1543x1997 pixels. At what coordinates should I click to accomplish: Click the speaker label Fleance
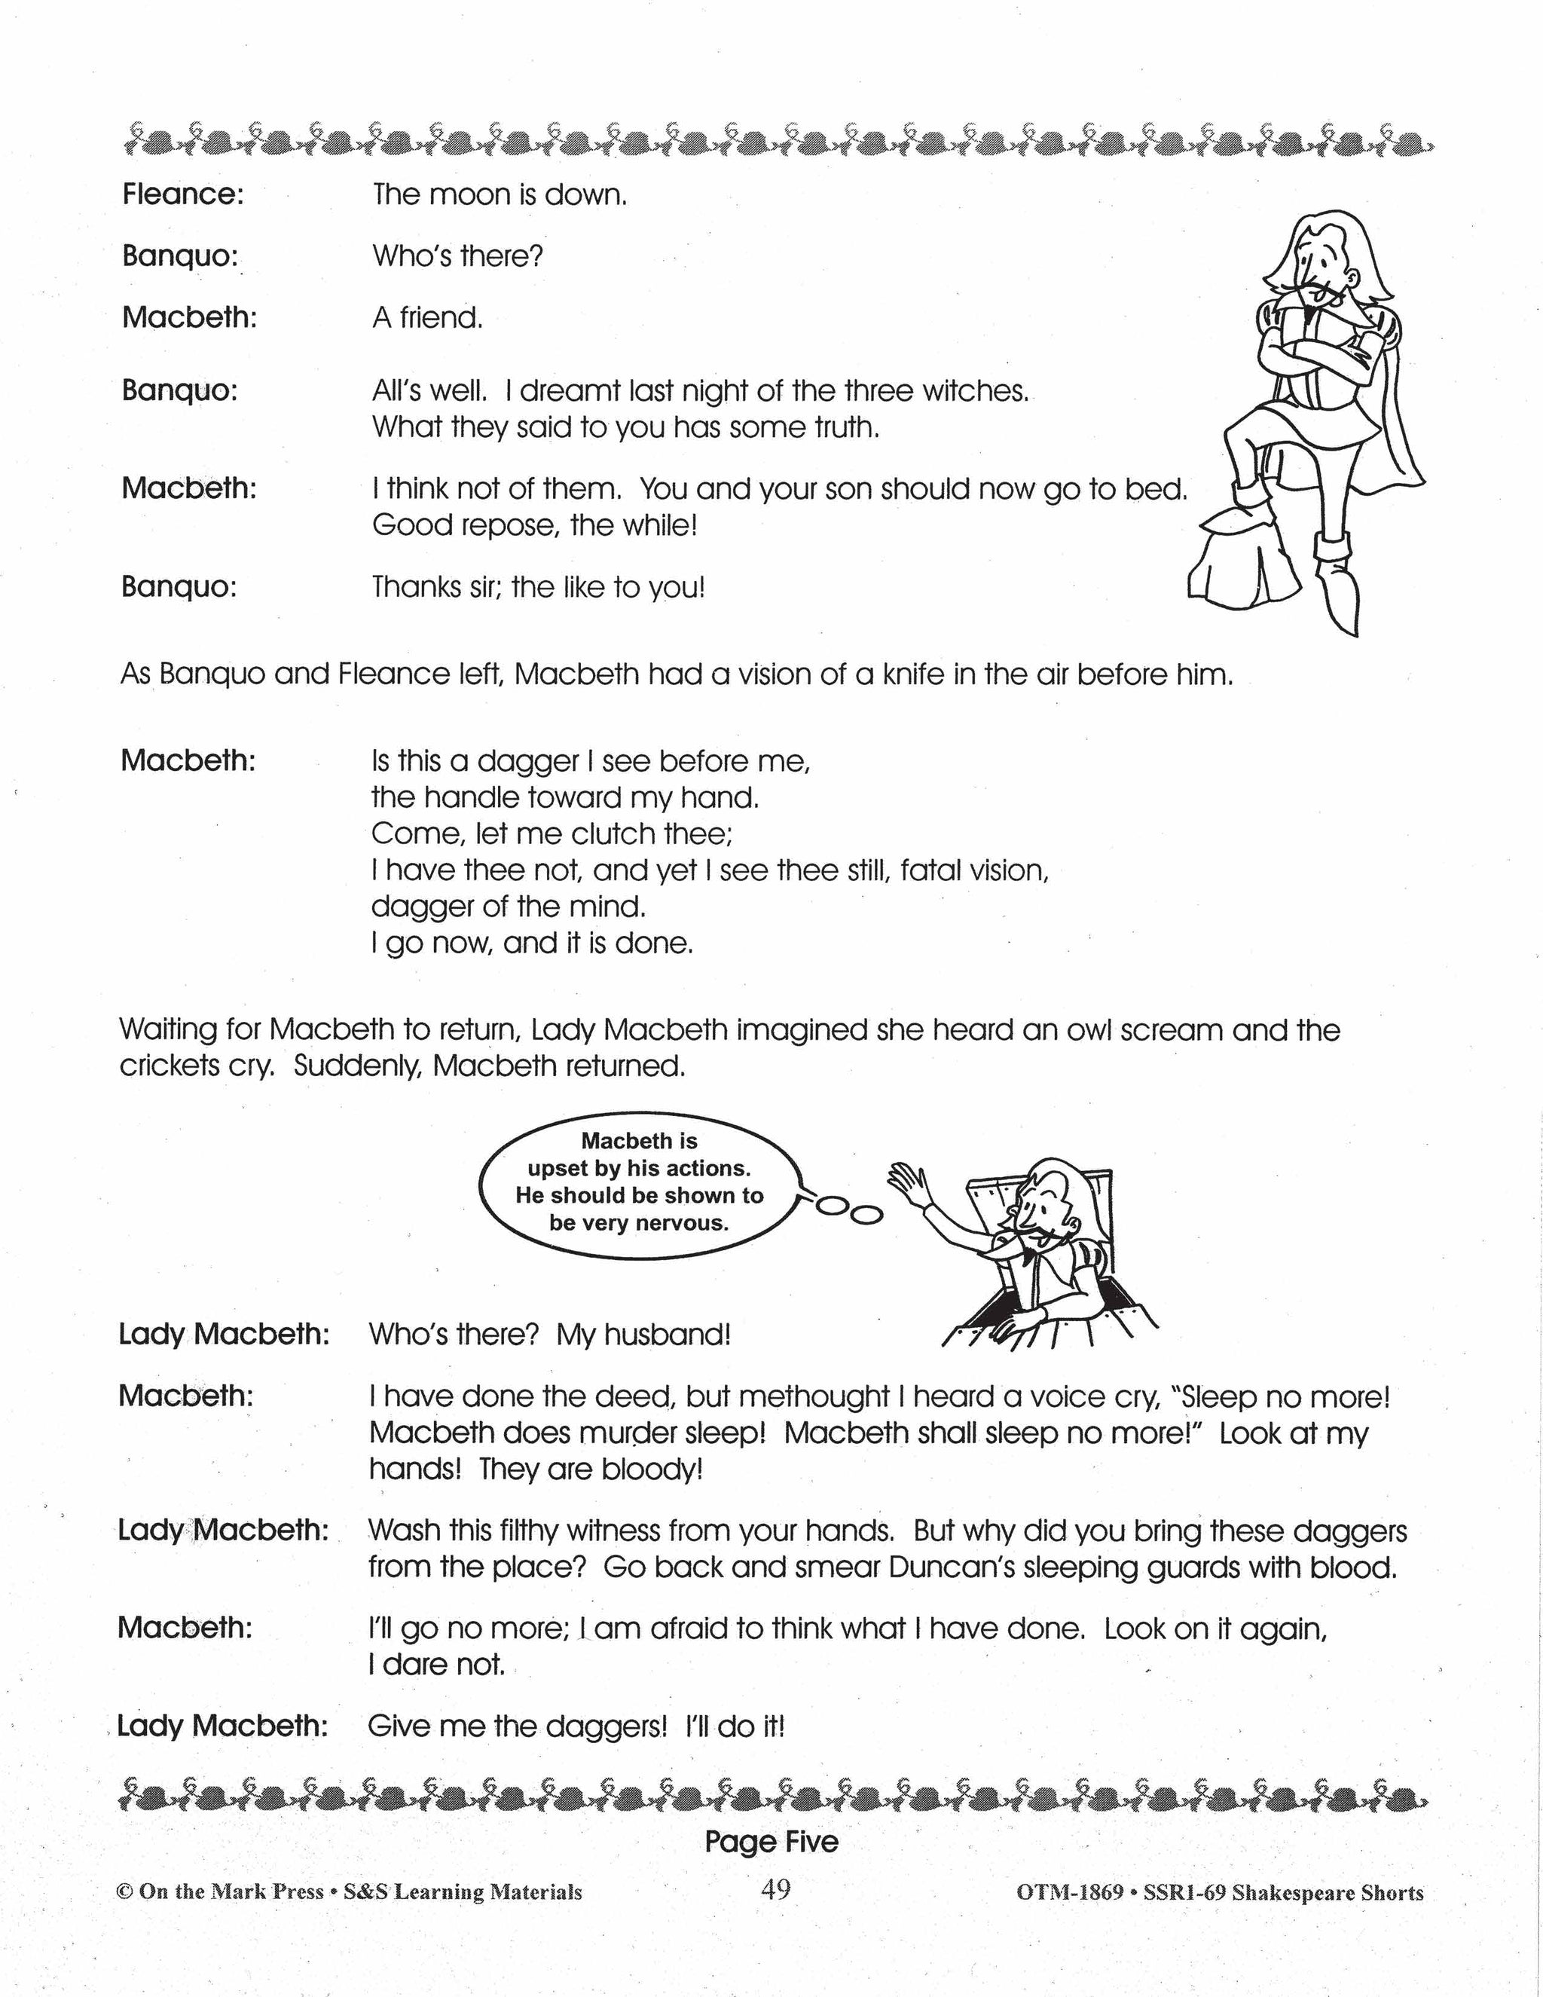[183, 194]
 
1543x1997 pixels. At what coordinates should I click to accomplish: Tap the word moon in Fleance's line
[468, 194]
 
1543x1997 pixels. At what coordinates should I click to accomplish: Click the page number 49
[775, 1889]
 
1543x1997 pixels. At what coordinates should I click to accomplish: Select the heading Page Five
[771, 1842]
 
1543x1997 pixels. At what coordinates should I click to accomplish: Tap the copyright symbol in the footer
[125, 1891]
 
